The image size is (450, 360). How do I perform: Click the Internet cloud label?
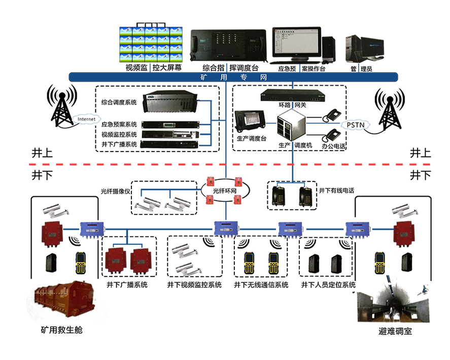click(x=86, y=120)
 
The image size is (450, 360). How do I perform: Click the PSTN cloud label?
click(x=355, y=124)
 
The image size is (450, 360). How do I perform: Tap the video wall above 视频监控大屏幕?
click(x=151, y=44)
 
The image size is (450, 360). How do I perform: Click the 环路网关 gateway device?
click(x=292, y=95)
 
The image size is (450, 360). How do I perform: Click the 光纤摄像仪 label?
click(x=115, y=192)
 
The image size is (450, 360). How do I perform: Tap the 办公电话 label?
click(x=334, y=146)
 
